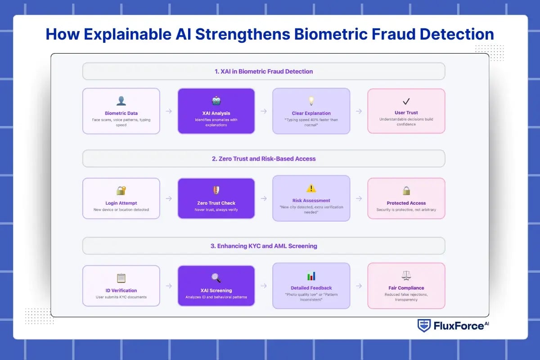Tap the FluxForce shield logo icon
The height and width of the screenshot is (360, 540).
click(424, 325)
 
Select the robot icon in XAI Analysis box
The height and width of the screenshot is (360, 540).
click(216, 101)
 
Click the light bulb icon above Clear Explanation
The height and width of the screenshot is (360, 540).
click(311, 101)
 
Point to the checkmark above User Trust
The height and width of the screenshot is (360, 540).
click(406, 101)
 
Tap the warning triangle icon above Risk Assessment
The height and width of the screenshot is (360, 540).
click(311, 189)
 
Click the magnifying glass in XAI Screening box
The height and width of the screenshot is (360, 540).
click(216, 278)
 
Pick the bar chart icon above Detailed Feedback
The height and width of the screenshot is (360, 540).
click(311, 276)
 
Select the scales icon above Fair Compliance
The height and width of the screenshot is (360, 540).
click(406, 275)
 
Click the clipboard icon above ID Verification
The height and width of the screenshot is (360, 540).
click(121, 278)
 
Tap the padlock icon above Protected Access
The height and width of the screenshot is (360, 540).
click(406, 190)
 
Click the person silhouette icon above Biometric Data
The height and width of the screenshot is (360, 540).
click(121, 101)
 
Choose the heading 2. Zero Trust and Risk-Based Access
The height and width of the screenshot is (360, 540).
click(264, 158)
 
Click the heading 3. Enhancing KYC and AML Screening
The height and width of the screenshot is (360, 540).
click(264, 246)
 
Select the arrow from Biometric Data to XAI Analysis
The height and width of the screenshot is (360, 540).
click(169, 111)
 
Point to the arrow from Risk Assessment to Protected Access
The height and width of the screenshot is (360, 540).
click(359, 198)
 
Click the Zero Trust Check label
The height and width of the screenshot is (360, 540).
click(216, 203)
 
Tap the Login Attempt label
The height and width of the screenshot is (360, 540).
click(121, 203)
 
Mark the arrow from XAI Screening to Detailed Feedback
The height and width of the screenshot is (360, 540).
click(264, 286)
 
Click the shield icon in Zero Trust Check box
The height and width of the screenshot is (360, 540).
click(216, 190)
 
